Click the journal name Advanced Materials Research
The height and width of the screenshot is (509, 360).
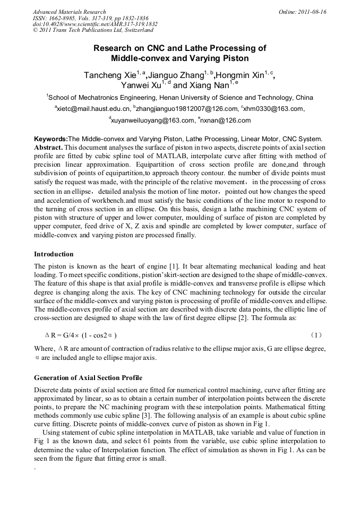click(69, 12)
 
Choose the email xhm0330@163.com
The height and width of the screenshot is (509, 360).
click(273, 109)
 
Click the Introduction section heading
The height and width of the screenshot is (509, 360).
click(54, 254)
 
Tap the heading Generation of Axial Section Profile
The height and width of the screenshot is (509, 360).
click(88, 378)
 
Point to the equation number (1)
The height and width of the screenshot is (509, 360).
click(315, 335)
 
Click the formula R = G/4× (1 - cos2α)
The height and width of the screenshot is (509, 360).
click(81, 335)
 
